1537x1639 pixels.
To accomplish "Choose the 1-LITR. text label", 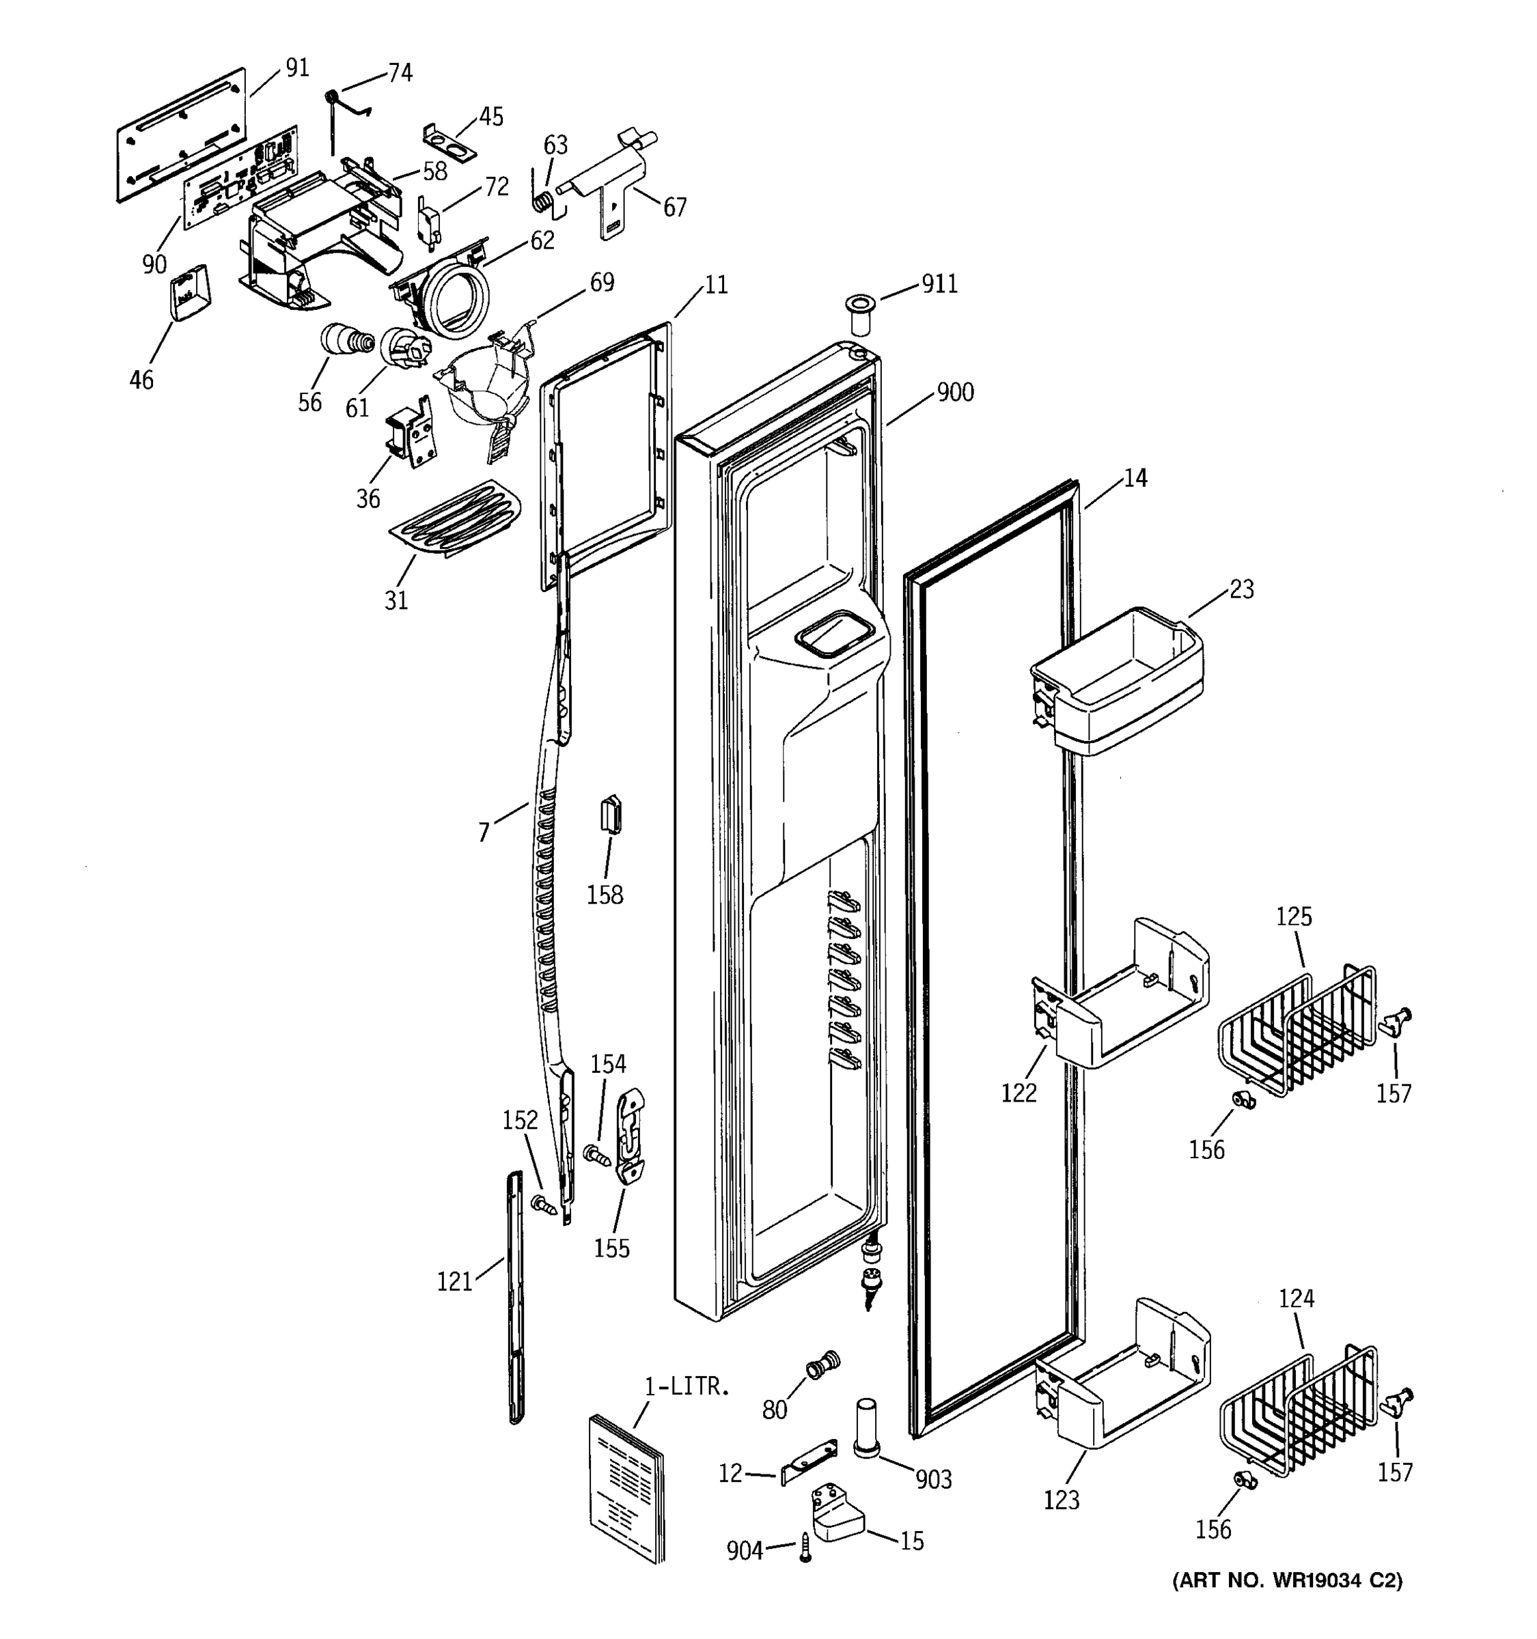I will coord(687,1387).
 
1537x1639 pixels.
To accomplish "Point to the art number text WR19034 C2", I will coord(1286,1580).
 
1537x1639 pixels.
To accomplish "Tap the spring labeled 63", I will coord(542,199).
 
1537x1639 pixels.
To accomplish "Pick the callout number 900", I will coord(955,393).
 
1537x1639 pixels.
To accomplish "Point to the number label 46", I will coord(141,380).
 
